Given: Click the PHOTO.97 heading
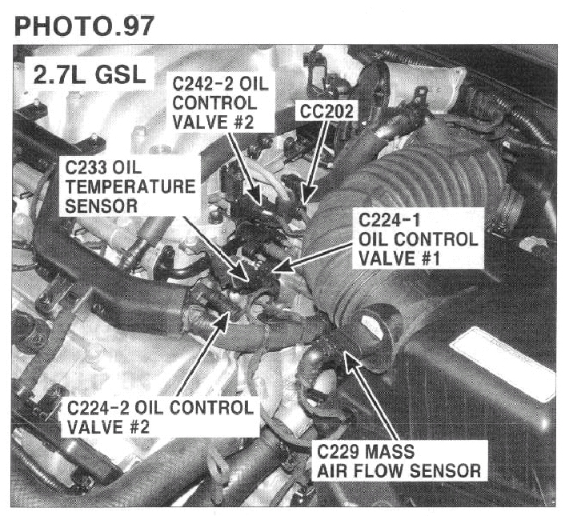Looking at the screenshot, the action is pyautogui.click(x=84, y=26).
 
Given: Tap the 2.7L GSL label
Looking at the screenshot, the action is pyautogui.click(x=90, y=75).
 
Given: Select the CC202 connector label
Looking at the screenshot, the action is pyautogui.click(x=327, y=111).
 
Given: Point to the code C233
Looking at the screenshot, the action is pyautogui.click(x=86, y=168).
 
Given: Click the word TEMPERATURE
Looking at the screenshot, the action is pyautogui.click(x=130, y=187).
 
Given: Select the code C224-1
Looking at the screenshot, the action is pyautogui.click(x=390, y=220).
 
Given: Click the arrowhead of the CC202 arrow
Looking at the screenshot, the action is pyautogui.click(x=307, y=194).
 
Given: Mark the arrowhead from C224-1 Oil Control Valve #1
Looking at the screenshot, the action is pyautogui.click(x=282, y=266).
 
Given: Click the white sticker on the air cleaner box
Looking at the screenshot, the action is pyautogui.click(x=503, y=363).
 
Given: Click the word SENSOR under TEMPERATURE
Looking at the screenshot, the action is pyautogui.click(x=102, y=206).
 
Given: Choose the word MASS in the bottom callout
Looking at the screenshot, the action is pyautogui.click(x=390, y=452).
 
